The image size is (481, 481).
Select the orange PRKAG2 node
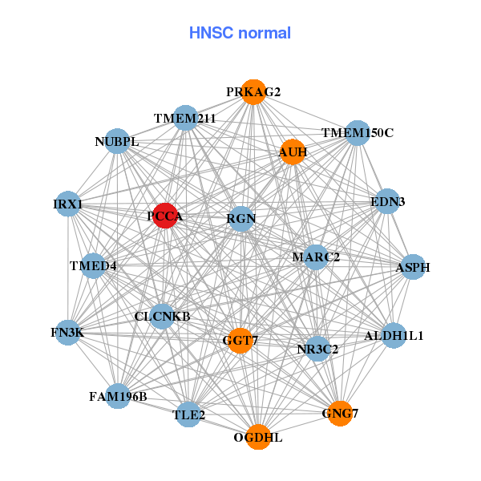pyautogui.click(x=253, y=92)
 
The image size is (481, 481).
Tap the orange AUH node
pyautogui.click(x=293, y=152)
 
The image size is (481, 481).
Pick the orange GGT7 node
pyautogui.click(x=240, y=341)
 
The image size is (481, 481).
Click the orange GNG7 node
pyautogui.click(x=340, y=413)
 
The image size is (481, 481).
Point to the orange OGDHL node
pyautogui.click(x=258, y=437)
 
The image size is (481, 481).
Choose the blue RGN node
pyautogui.click(x=241, y=218)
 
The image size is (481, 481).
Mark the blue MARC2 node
pyautogui.click(x=316, y=257)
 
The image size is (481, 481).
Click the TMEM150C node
pyautogui.click(x=357, y=132)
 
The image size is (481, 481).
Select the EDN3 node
pyautogui.click(x=386, y=202)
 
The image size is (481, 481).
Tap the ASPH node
pyautogui.click(x=413, y=267)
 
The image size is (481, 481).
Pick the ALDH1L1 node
pyautogui.click(x=393, y=335)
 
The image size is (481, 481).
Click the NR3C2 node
pyautogui.click(x=317, y=349)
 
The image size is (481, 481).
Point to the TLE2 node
pyautogui.click(x=189, y=414)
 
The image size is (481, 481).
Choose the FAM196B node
pyautogui.click(x=118, y=396)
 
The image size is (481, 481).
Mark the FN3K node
pyautogui.click(x=67, y=332)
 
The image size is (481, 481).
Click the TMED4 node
pyautogui.click(x=93, y=266)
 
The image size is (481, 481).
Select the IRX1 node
pyautogui.click(x=68, y=204)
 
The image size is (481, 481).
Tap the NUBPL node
pyautogui.click(x=117, y=142)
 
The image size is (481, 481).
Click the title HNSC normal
pyautogui.click(x=240, y=33)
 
